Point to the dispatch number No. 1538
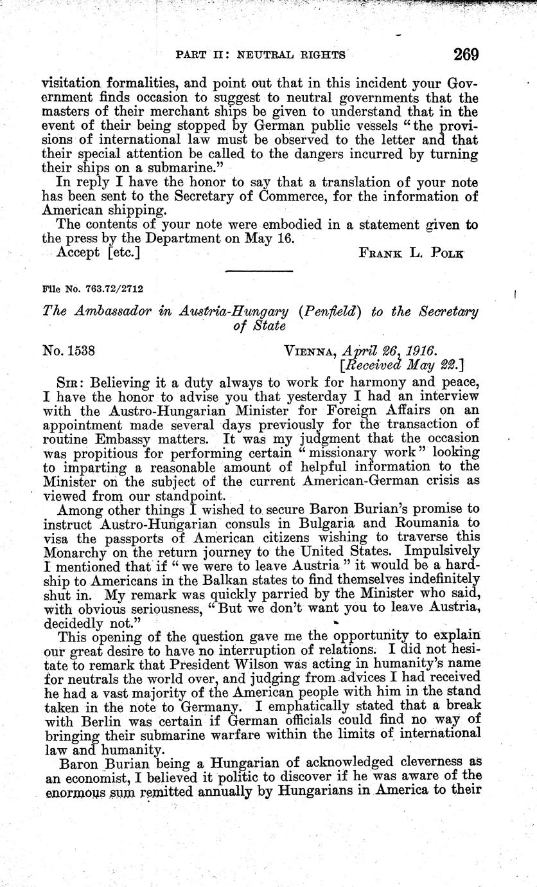[69, 350]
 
